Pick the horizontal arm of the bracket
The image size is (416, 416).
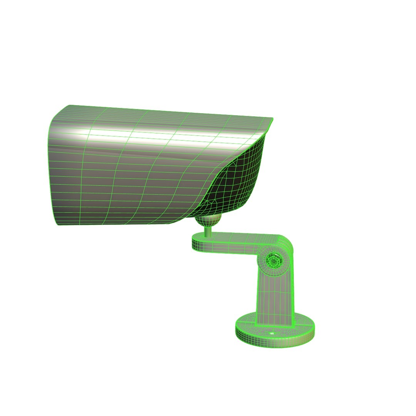(235, 245)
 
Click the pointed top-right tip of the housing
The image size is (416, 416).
(272, 119)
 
